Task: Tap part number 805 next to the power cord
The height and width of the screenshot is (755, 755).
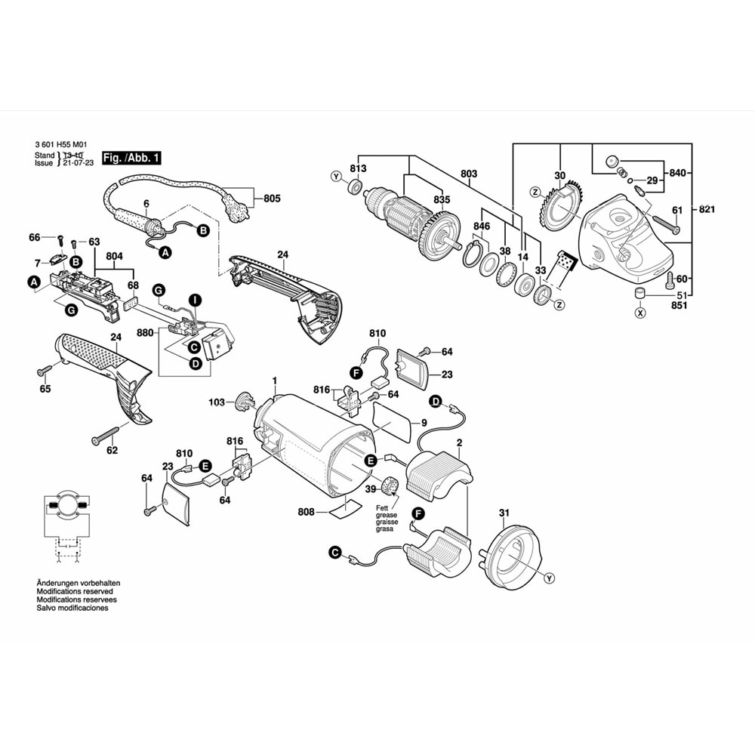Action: click(x=272, y=199)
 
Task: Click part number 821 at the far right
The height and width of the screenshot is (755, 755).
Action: click(x=707, y=209)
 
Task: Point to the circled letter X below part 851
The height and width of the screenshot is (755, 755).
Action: click(x=641, y=312)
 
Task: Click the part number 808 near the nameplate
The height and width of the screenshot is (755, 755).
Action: click(x=306, y=512)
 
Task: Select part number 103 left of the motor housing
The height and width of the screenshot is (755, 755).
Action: click(x=217, y=403)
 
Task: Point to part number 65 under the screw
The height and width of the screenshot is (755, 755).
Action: click(x=45, y=389)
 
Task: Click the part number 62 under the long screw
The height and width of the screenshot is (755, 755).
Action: click(x=112, y=451)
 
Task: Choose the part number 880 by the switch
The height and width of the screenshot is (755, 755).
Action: click(x=145, y=333)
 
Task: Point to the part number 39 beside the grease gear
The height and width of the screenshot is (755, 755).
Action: click(x=371, y=489)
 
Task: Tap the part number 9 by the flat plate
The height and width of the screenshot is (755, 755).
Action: click(x=424, y=423)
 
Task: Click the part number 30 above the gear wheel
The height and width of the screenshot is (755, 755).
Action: click(x=559, y=176)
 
